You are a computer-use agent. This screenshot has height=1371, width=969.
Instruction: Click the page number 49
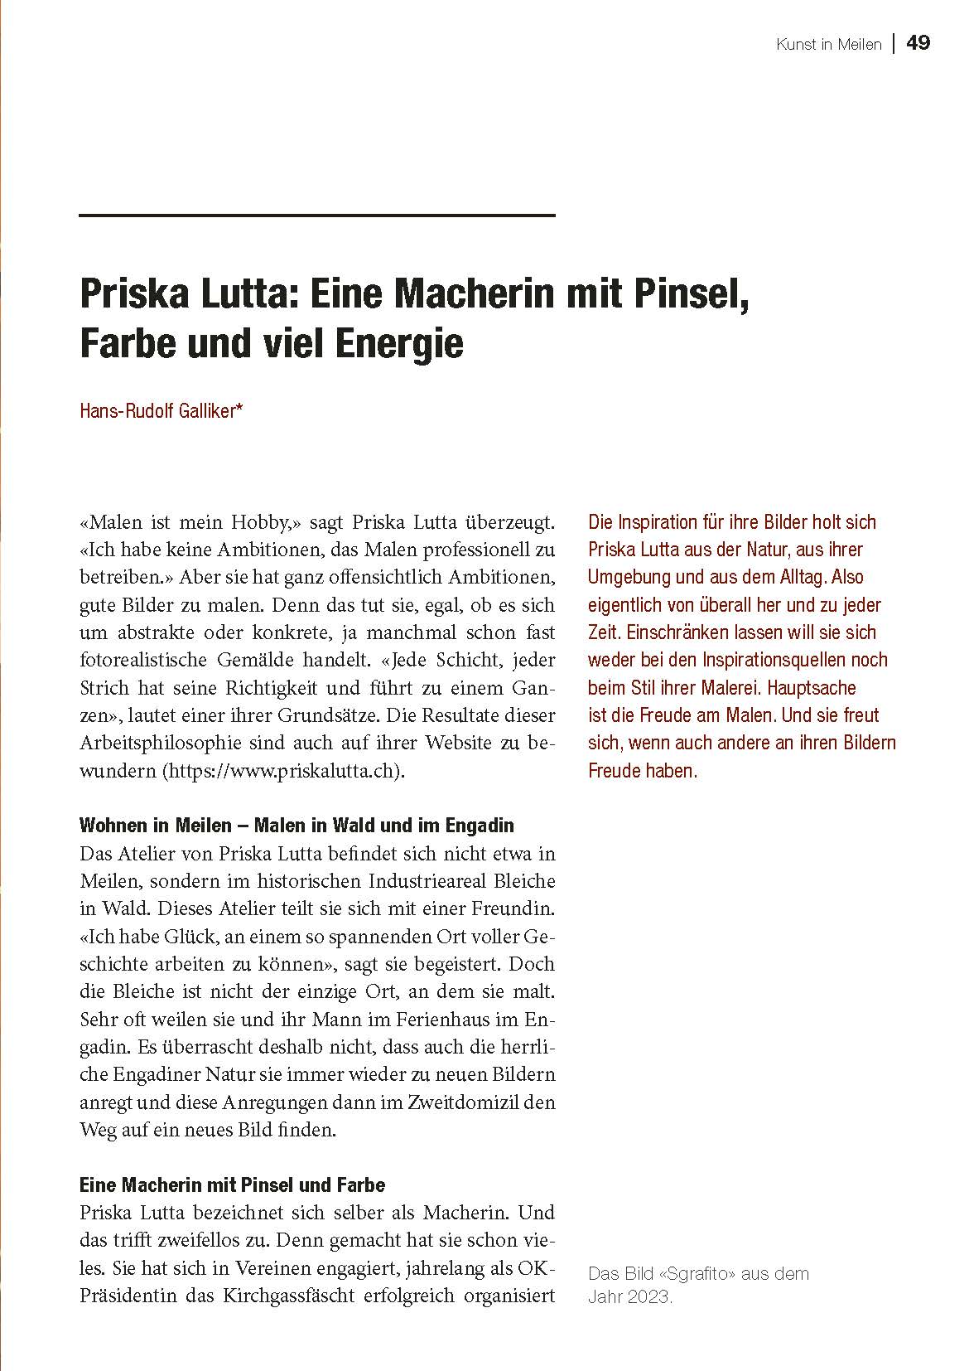coord(918,43)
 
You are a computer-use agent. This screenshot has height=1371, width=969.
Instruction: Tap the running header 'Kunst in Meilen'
coord(828,45)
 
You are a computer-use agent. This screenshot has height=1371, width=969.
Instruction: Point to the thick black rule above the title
coord(316,216)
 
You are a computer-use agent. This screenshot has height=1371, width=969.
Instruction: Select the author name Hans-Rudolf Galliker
coord(161,410)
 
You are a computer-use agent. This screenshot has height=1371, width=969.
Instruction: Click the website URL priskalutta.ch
coord(285,770)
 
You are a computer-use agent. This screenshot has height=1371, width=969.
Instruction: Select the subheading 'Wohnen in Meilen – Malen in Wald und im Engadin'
coord(296,825)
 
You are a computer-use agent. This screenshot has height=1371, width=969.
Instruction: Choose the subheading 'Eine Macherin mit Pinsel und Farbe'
coord(233,1184)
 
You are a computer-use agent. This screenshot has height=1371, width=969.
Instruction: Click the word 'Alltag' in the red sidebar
coord(802,577)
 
